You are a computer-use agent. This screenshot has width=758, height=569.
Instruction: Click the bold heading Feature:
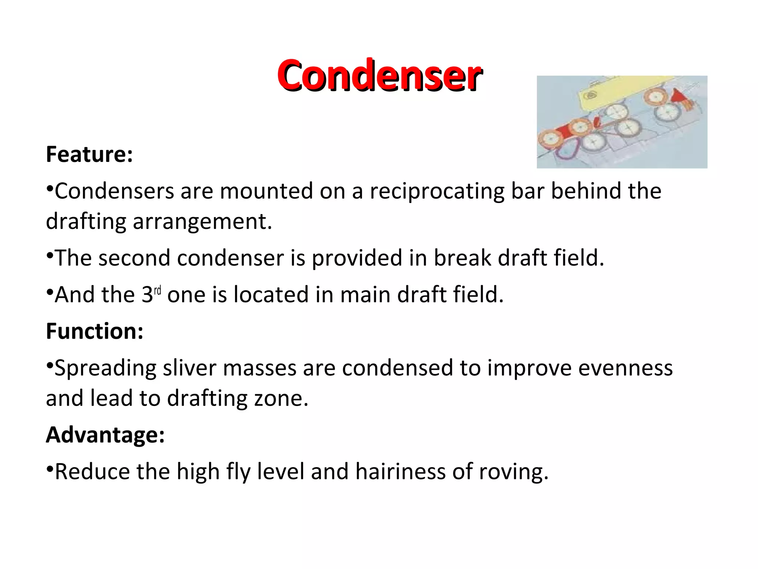point(89,154)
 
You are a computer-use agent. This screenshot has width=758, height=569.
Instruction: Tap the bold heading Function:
point(94,331)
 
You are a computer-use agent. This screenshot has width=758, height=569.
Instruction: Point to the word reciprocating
point(436,191)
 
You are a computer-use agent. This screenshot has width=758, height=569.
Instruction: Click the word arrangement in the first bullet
point(202,222)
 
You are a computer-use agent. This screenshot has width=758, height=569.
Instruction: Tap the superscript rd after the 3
point(157,290)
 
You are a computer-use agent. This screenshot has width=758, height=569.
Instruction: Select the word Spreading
point(105,369)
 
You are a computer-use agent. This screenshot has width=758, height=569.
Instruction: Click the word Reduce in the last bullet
point(92,472)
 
